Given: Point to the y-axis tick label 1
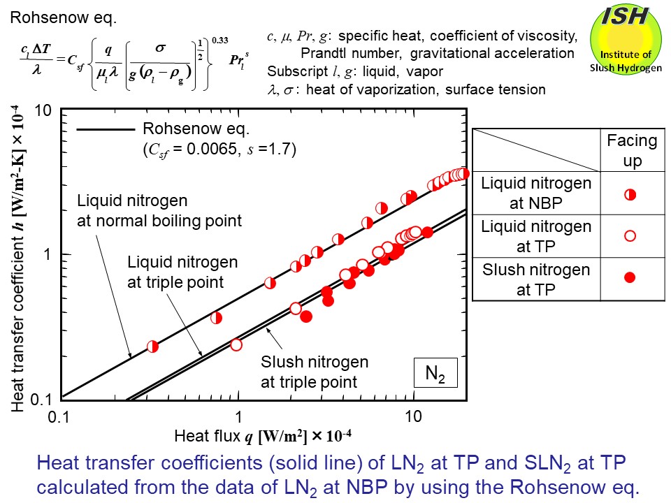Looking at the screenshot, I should coord(49,255).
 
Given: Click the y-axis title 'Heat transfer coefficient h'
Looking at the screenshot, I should coord(20,256).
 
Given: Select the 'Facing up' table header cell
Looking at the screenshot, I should coord(632,150).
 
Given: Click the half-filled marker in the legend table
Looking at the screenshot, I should coord(629,194).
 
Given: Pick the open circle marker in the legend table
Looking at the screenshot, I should coord(629,236).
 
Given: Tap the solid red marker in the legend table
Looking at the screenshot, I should coord(629,278).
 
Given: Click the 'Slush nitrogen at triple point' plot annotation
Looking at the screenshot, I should coord(314,372).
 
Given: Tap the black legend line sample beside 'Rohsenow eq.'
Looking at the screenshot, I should coord(105,130).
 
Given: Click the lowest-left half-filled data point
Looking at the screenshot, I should coord(152,346).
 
